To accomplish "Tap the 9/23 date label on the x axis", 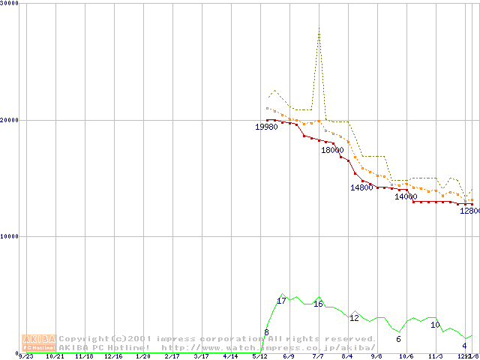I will [x=26, y=357].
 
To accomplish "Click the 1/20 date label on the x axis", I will [x=142, y=357].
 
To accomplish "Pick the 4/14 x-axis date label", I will [x=230, y=357].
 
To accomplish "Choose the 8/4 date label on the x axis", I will [x=347, y=357].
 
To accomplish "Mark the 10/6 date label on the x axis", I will [x=406, y=357].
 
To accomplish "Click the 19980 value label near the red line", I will [x=266, y=127].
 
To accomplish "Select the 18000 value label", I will [x=332, y=150].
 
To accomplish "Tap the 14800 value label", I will [x=361, y=188].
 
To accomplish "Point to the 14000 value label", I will [x=406, y=196].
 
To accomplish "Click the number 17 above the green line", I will [x=282, y=301].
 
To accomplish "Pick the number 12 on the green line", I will [x=354, y=318].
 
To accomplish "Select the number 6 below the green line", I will [x=398, y=339].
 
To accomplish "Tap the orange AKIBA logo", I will [x=39, y=343].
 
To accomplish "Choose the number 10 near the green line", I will [x=435, y=325].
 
